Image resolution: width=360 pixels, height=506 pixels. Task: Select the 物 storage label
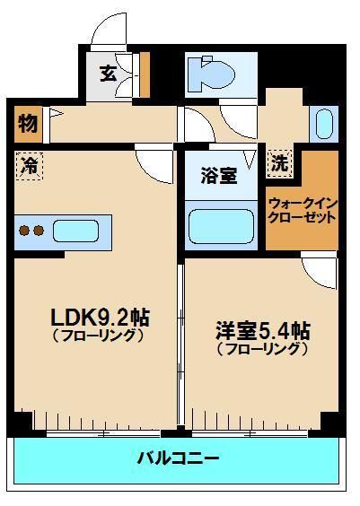(27, 125)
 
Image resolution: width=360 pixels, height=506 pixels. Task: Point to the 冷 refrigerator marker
(28, 166)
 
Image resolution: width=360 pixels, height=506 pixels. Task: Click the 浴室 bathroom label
(219, 175)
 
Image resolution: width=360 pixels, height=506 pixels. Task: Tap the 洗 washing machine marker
(280, 164)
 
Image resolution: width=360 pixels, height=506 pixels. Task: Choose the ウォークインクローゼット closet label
(302, 210)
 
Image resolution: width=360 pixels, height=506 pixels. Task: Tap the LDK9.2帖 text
(100, 317)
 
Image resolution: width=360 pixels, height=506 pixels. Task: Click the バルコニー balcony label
(178, 458)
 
